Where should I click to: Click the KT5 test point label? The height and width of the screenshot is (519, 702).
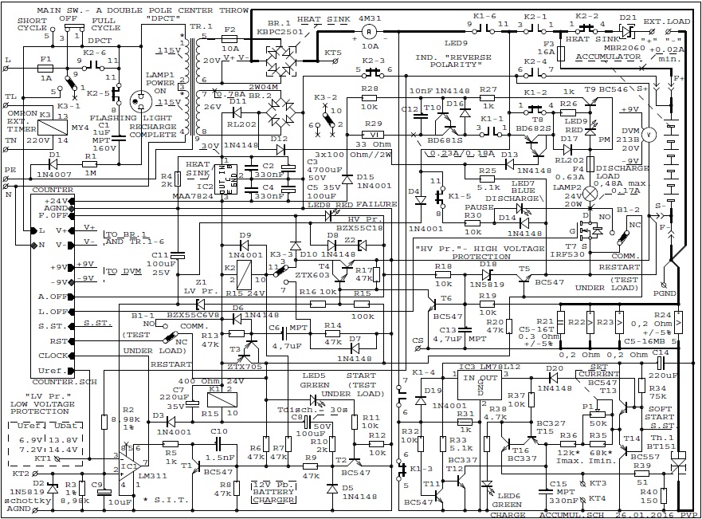[x=332, y=53]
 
